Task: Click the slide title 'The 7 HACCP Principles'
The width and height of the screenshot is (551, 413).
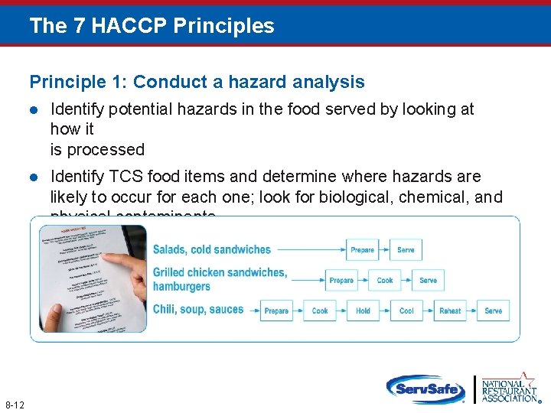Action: [152, 26]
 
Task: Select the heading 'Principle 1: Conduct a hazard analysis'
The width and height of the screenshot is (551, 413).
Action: [197, 82]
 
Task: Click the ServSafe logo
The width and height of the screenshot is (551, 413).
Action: [425, 389]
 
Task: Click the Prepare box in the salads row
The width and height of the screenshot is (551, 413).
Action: [363, 250]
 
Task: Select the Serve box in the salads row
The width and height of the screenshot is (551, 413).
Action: [406, 250]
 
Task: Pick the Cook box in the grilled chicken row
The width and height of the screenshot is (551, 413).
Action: [385, 281]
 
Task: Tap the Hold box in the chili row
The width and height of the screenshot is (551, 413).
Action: [363, 311]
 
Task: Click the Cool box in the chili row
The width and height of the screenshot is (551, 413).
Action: [406, 311]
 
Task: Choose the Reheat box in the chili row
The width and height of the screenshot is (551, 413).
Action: [450, 311]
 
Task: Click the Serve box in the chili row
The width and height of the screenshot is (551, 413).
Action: [494, 311]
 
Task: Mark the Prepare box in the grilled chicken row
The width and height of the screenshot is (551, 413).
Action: [341, 281]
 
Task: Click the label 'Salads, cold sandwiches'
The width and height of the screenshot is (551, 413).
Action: [212, 249]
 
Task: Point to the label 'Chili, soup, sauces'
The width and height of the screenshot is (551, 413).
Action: [198, 310]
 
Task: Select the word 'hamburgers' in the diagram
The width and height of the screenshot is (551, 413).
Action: [181, 287]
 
